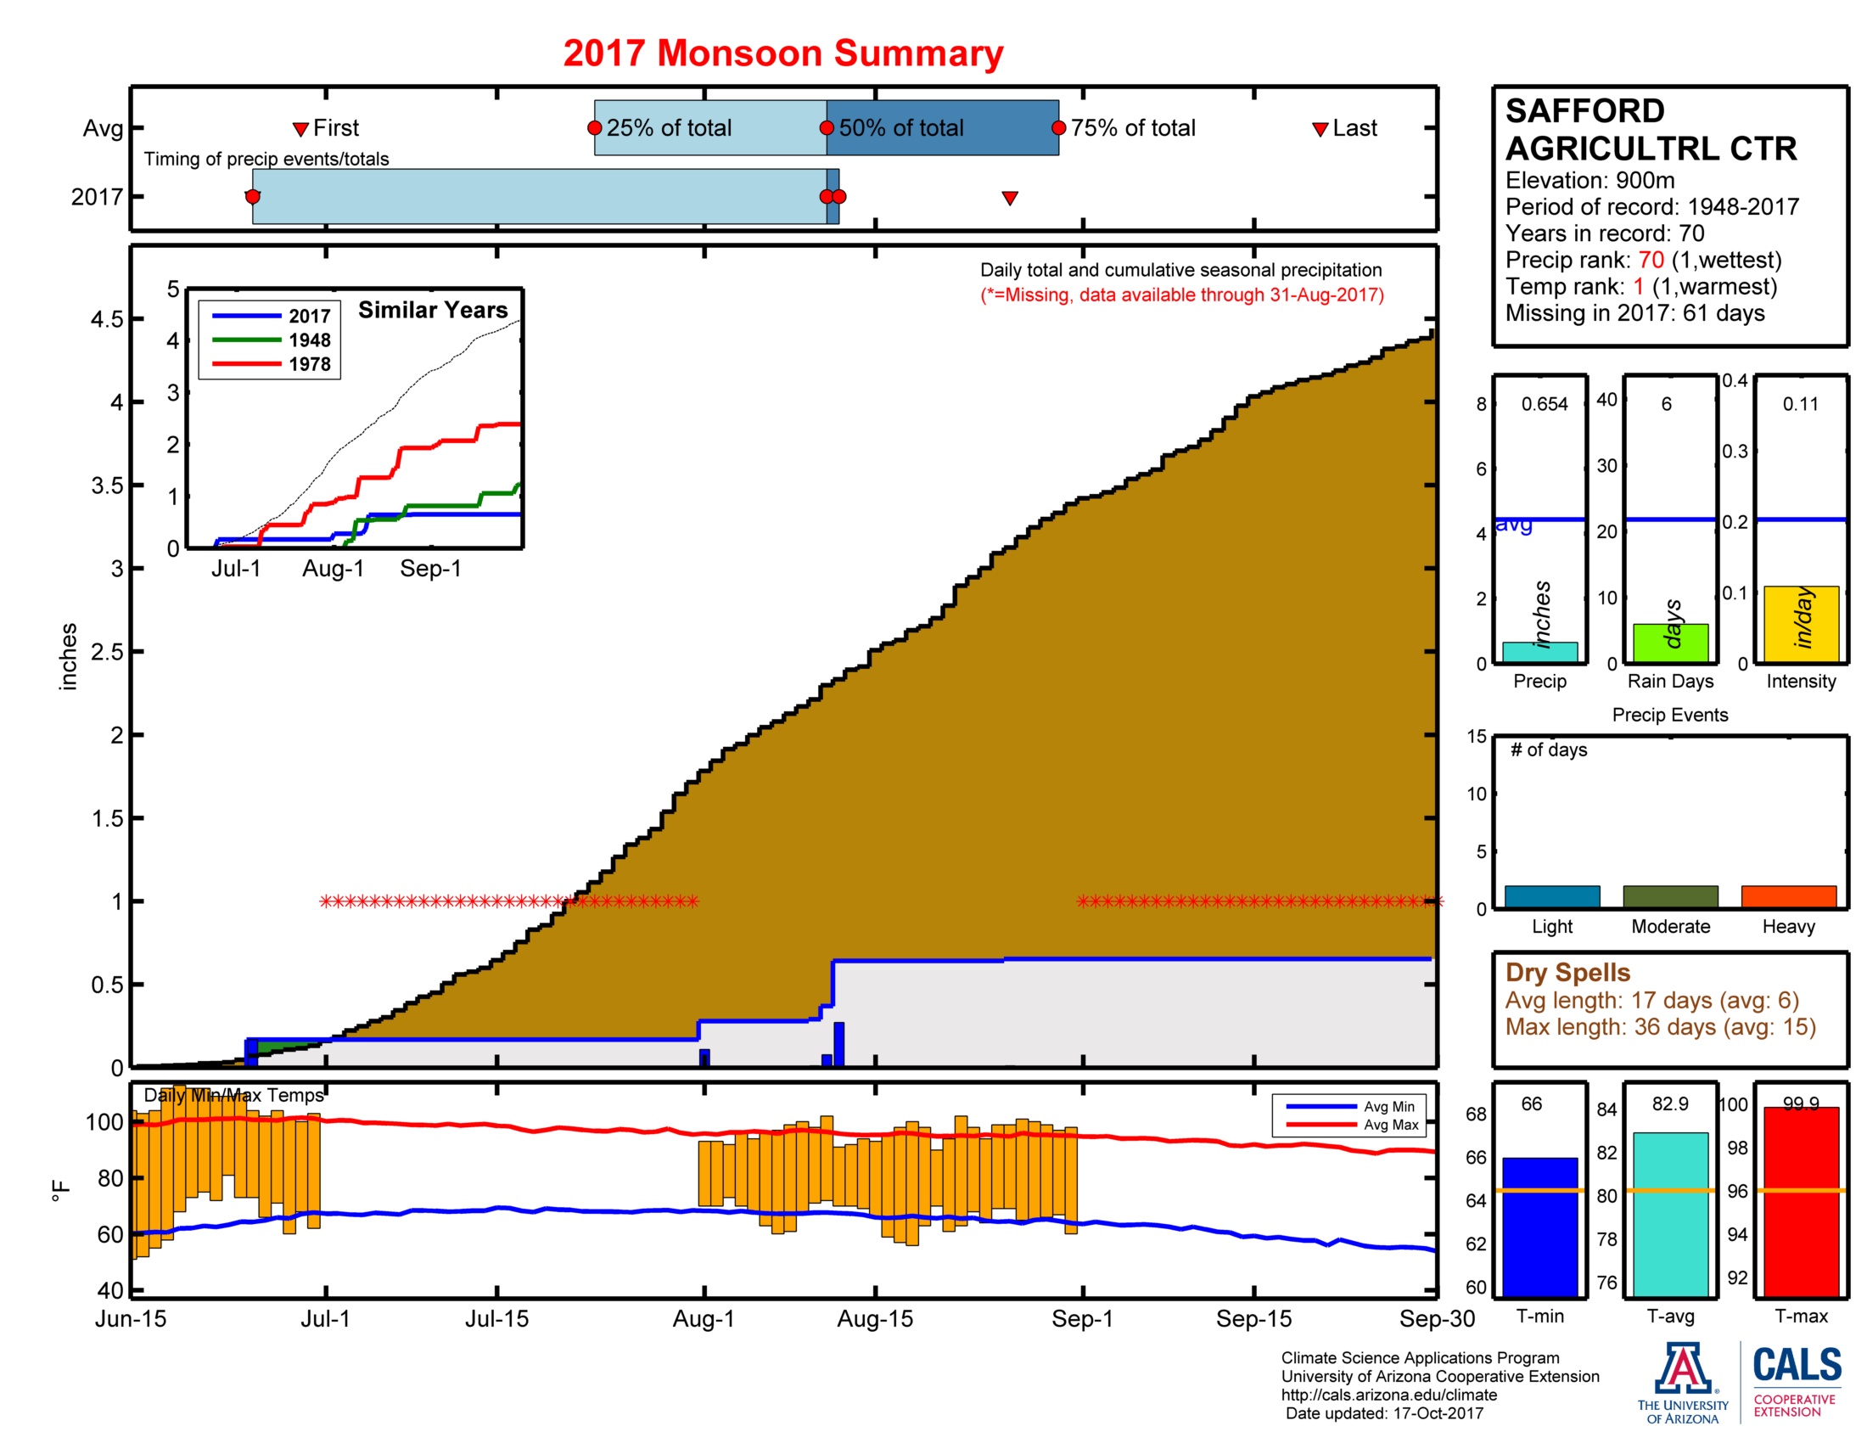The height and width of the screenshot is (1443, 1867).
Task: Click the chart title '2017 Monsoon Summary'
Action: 782,53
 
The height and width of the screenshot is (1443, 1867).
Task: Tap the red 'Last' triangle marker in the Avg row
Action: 1320,129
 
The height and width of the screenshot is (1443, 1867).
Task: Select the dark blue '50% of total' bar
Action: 942,127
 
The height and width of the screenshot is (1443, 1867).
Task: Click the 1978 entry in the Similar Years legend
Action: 309,364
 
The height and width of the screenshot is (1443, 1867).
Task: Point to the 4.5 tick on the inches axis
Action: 107,320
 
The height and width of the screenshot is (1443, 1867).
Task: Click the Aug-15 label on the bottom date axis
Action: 874,1318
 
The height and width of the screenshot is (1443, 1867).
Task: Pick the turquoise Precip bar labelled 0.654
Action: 1539,652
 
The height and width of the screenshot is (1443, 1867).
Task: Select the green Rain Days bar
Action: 1670,643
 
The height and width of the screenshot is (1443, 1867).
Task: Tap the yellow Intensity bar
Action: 1801,624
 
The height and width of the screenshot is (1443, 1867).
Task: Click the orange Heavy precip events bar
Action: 1788,896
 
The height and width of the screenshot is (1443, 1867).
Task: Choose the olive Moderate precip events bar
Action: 1669,896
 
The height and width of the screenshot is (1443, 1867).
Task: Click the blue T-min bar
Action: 1539,1227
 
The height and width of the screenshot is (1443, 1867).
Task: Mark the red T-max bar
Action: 1801,1201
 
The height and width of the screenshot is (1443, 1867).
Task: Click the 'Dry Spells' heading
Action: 1567,972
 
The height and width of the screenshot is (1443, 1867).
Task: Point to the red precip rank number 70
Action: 1651,260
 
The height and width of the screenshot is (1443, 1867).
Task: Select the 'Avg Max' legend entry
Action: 1390,1125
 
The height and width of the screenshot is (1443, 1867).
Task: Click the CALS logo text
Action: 1797,1364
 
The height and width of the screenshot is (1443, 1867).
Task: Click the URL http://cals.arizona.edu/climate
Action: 1388,1395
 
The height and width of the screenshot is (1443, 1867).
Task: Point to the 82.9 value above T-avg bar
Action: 1669,1103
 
